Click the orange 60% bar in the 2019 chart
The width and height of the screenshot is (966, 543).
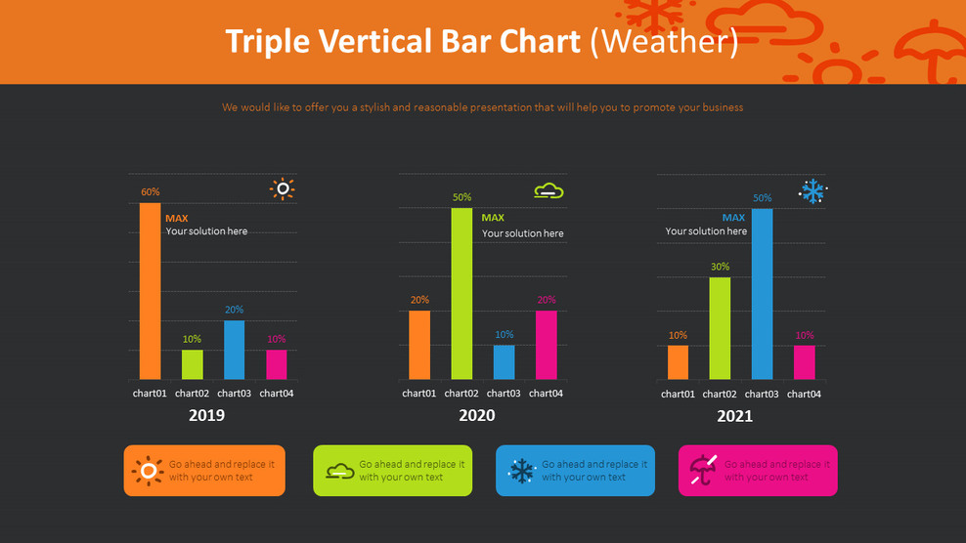150,291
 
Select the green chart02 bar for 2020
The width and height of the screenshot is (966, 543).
461,293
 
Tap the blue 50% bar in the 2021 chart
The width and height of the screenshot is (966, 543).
762,294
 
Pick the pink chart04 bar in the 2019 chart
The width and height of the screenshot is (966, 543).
277,364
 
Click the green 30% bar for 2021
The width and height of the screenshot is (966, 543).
720,328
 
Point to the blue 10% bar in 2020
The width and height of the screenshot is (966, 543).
504,362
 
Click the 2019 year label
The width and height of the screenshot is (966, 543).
206,415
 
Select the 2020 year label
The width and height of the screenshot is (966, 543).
476,415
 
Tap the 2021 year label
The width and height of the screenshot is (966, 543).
734,416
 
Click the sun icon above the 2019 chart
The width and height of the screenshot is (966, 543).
283,189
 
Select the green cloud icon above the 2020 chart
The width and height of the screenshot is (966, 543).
549,190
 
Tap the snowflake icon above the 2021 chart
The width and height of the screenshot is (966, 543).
812,191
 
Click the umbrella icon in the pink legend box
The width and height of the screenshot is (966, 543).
703,470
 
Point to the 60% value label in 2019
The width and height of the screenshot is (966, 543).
150,192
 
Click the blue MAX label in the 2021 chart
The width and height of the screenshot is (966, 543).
733,218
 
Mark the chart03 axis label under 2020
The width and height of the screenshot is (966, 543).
504,394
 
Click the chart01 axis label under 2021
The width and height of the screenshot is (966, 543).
678,395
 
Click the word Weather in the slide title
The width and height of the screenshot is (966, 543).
664,41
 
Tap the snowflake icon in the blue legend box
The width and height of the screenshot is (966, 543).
522,471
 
